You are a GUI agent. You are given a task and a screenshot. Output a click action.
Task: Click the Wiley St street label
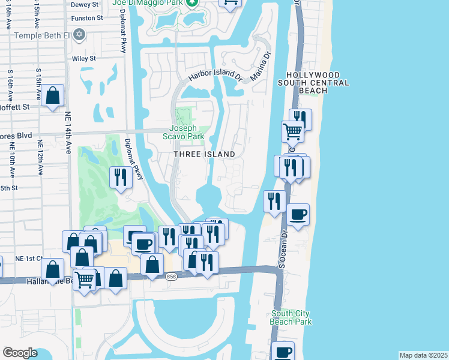(x=83, y=59)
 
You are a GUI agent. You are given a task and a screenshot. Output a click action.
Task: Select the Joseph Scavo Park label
(x=187, y=132)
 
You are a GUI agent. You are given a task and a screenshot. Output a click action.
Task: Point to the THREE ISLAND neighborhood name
(x=204, y=154)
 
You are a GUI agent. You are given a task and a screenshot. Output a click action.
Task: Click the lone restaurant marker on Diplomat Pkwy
(x=121, y=177)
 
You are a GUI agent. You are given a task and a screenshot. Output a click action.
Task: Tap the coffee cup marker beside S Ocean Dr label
(x=298, y=215)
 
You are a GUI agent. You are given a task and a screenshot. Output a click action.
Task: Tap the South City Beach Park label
(x=291, y=317)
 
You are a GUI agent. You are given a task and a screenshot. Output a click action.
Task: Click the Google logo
(x=20, y=353)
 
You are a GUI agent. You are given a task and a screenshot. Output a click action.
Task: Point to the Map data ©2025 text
(x=423, y=355)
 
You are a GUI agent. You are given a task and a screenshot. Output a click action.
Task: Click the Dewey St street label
(x=85, y=4)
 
